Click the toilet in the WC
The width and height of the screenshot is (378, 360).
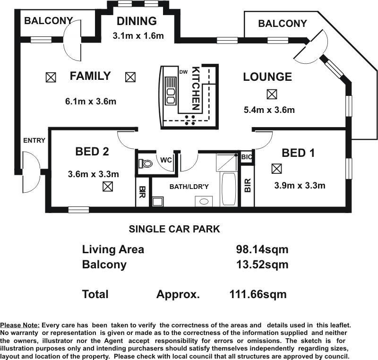coord(146,163)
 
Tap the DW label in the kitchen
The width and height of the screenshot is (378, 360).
coord(183,72)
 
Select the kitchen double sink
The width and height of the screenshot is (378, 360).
coord(171,91)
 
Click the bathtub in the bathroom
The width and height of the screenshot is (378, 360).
coord(228,189)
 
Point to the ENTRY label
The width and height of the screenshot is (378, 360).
coord(34,140)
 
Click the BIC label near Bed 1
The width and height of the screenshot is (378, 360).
coord(246,157)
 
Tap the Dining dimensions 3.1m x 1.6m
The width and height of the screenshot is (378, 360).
coord(138,35)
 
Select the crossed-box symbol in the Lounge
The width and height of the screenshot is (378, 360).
coord(272,94)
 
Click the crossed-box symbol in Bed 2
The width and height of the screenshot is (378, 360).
coord(108,186)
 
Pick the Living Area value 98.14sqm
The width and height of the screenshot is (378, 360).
coord(262,249)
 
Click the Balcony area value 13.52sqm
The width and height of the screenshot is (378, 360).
coord(262,265)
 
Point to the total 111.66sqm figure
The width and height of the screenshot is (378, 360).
coord(258,294)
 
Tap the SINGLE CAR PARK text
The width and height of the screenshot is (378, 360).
coord(174,229)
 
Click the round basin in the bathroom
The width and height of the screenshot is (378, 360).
coord(204,201)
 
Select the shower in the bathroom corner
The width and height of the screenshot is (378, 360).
coord(227,162)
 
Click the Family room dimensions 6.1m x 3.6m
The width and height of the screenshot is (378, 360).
coord(91,101)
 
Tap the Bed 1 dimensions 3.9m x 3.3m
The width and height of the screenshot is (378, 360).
coord(300,185)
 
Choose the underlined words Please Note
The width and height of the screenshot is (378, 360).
coord(20,326)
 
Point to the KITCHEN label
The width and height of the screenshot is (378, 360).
coord(196,88)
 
